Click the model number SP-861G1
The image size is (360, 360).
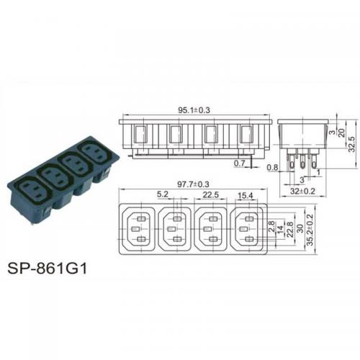47,269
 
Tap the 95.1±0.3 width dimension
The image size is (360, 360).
194,110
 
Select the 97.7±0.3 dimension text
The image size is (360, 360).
193,184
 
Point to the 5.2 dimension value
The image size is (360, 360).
163,194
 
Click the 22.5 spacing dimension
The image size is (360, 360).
211,195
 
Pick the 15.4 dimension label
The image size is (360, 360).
246,196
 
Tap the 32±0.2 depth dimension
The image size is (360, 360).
302,192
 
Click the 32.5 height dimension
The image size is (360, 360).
351,144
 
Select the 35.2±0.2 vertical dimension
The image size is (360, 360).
310,230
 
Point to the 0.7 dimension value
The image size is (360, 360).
239,163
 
